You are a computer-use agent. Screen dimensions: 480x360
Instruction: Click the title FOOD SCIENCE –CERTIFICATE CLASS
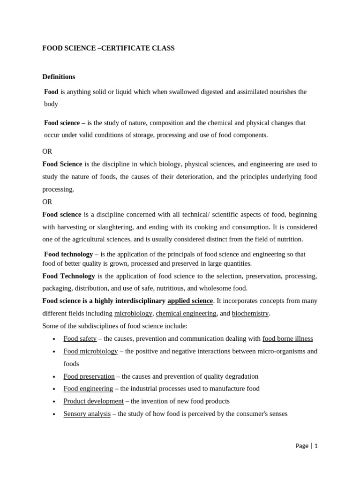pos(108,48)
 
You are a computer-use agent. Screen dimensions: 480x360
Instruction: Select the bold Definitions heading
pos(59,77)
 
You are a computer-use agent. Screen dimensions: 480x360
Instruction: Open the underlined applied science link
pos(190,301)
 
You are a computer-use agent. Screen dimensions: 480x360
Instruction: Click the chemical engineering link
pos(186,313)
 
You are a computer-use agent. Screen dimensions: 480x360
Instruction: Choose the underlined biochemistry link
pos(250,313)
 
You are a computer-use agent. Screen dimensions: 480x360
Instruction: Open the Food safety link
pos(80,338)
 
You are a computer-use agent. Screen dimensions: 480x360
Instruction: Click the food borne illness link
pos(287,338)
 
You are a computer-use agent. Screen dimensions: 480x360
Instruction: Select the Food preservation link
pos(89,376)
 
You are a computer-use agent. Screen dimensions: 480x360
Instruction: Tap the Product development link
pos(94,401)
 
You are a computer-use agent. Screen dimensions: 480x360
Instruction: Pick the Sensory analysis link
pos(87,414)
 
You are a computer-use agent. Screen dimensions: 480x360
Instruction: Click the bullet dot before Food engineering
pos(54,389)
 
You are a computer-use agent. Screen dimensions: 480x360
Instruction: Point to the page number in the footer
pos(316,446)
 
